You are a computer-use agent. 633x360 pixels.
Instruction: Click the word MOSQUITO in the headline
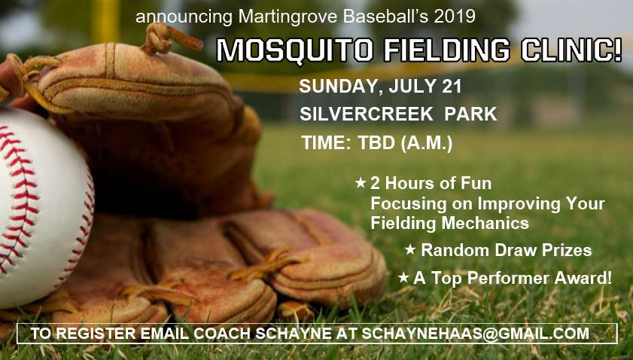[295, 50]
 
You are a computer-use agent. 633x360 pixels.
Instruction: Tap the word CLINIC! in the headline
[571, 50]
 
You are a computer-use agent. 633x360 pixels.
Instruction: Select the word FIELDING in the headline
[447, 50]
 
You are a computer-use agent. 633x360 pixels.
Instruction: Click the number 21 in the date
[452, 87]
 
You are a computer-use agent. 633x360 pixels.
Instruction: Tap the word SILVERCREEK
[367, 114]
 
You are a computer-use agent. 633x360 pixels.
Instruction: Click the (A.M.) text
[427, 144]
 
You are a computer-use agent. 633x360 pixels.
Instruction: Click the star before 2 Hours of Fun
[360, 183]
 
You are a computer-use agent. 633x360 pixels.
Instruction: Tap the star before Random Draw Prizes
[410, 249]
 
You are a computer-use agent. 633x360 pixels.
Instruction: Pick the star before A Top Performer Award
[403, 278]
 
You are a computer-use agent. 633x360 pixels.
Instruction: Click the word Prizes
[567, 250]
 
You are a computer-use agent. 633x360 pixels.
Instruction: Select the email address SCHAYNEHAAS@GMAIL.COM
[475, 334]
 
